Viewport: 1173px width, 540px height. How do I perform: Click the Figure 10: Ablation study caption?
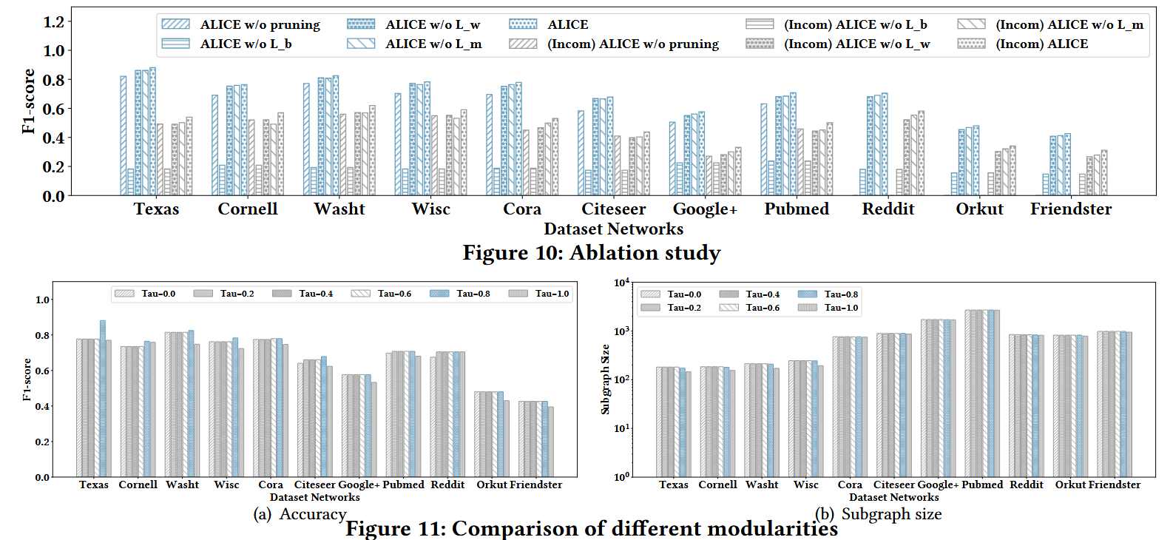591,253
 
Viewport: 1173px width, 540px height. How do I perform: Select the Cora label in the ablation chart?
522,209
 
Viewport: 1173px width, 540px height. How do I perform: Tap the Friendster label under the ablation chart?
1070,209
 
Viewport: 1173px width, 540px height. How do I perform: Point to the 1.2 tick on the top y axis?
54,21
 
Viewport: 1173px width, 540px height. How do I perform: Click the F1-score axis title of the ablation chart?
29,101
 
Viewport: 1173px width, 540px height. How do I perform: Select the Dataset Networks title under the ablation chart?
613,229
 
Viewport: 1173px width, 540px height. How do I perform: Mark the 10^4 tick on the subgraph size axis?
621,283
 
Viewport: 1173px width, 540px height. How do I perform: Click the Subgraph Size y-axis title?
606,379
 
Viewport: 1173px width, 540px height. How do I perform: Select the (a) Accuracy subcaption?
300,514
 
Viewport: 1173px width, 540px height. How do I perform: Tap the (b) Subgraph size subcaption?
879,514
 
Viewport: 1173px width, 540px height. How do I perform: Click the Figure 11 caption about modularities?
591,529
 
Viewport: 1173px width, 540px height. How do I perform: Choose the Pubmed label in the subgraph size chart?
982,485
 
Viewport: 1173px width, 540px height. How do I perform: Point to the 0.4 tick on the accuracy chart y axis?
43,406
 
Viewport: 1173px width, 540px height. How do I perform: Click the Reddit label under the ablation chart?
888,209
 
